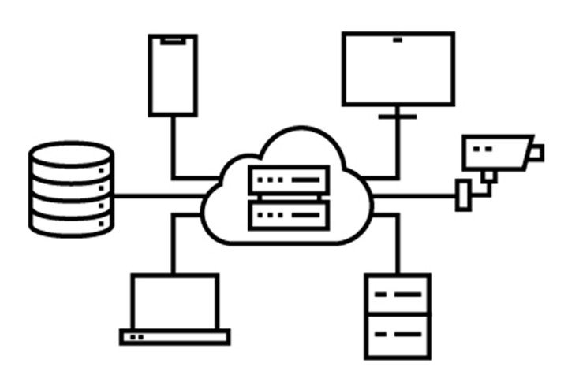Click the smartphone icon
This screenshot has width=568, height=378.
click(173, 75)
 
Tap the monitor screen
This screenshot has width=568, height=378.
click(398, 69)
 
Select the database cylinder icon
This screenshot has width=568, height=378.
click(71, 189)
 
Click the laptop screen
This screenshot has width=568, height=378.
click(174, 302)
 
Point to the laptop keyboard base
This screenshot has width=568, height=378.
click(174, 337)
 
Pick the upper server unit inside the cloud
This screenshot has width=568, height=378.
click(289, 180)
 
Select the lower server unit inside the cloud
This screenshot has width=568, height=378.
click(289, 213)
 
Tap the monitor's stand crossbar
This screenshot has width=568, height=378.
click(397, 117)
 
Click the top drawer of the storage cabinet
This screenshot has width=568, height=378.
click(398, 295)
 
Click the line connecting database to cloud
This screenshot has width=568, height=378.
click(158, 195)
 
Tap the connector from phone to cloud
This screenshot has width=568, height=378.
click(173, 150)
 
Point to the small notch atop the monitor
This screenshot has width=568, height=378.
click(398, 39)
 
